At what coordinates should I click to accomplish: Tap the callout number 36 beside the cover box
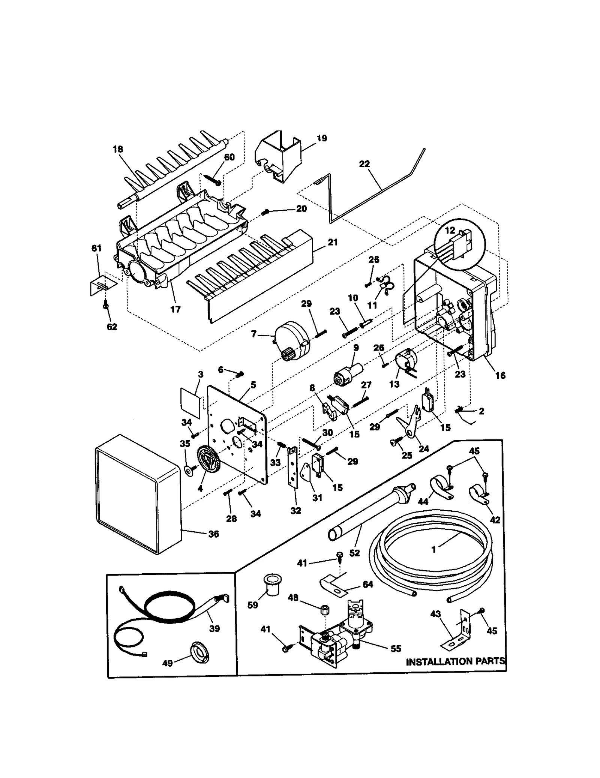pos(213,534)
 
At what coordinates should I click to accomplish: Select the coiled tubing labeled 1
pos(431,544)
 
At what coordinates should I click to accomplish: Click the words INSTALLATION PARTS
pos(455,662)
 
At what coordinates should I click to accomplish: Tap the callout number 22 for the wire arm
pos(364,164)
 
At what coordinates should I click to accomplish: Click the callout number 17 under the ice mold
pos(175,309)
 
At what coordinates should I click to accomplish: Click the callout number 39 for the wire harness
pos(214,629)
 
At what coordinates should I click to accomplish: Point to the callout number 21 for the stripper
pos(333,242)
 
